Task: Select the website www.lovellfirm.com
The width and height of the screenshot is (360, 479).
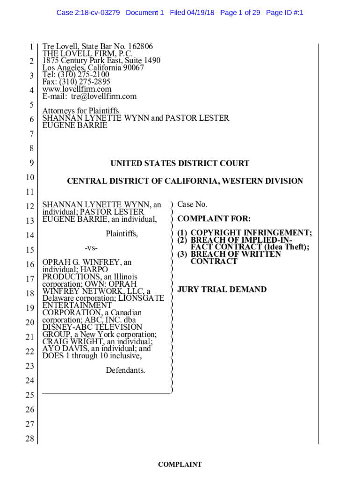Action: [77, 89]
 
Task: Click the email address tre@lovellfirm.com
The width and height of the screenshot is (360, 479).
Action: [104, 96]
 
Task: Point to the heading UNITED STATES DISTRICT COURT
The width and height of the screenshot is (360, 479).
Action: [180, 163]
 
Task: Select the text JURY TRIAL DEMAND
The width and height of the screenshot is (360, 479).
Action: [222, 290]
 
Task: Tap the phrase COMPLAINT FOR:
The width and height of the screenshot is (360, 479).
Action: [214, 218]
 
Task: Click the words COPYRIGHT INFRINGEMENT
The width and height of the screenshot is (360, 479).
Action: [251, 233]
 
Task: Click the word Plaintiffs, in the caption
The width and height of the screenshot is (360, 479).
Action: [122, 233]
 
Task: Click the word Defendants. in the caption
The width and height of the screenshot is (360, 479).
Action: [125, 370]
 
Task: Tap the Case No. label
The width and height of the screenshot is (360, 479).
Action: [192, 204]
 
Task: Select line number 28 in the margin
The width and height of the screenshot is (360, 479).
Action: [30, 439]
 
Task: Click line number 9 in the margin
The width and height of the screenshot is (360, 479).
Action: [32, 163]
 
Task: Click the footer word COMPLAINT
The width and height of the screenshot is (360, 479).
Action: [180, 464]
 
